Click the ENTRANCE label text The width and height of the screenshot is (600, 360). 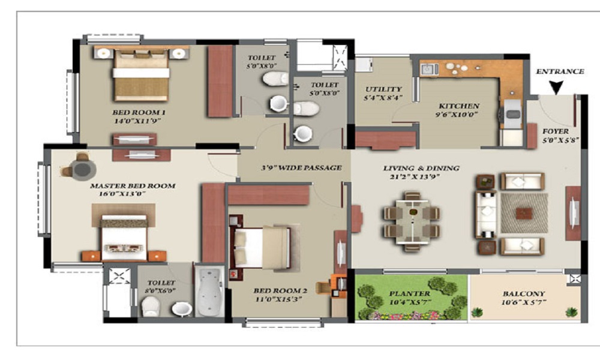559,71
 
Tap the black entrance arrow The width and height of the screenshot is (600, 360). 556,88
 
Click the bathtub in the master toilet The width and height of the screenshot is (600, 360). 209,292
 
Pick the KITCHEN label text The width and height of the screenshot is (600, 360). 458,105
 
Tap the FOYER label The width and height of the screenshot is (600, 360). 556,131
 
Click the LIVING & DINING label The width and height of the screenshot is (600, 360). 421,168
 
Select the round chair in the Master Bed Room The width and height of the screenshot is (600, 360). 80,169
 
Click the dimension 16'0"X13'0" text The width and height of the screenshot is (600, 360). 133,194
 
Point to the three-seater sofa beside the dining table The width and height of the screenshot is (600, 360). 486,214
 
